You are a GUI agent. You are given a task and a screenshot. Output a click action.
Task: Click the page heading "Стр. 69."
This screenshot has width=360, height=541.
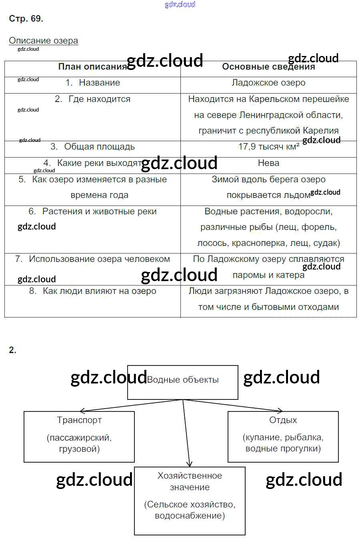click(26, 19)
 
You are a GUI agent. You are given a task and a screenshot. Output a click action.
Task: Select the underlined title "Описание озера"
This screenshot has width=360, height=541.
click(43, 41)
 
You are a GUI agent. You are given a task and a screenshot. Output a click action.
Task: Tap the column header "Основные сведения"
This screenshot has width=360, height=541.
click(268, 67)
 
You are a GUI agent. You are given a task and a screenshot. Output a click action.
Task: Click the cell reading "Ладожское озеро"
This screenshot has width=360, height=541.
click(268, 83)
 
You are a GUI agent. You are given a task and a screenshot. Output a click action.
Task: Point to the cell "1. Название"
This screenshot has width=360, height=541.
click(93, 83)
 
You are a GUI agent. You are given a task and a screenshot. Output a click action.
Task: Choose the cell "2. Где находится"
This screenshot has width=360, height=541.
click(93, 99)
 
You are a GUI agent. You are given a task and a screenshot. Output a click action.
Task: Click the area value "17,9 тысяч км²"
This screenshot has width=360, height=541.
click(268, 147)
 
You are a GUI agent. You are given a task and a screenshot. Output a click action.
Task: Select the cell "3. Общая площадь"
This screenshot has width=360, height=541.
click(93, 147)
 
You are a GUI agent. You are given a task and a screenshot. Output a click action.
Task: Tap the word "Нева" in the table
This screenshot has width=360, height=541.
click(268, 163)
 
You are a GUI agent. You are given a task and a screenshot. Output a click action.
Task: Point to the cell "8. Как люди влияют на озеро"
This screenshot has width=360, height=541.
click(93, 291)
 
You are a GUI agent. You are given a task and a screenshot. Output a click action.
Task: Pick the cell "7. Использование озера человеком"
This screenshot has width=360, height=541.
click(93, 259)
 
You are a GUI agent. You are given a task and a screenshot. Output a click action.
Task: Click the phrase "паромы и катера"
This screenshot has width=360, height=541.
click(268, 275)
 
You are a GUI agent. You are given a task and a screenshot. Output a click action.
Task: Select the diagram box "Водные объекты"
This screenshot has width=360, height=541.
click(183, 382)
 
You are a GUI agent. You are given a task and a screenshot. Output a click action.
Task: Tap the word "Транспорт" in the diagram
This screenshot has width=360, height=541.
click(79, 420)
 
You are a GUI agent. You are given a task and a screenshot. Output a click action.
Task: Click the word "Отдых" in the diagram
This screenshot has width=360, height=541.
click(283, 420)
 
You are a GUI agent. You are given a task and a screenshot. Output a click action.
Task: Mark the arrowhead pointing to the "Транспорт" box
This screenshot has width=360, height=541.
click(82, 411)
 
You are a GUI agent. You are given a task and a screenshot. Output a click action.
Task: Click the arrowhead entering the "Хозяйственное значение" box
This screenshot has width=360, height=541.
click(190, 464)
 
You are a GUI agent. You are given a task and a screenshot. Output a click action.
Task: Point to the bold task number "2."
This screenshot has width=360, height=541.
click(12, 350)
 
